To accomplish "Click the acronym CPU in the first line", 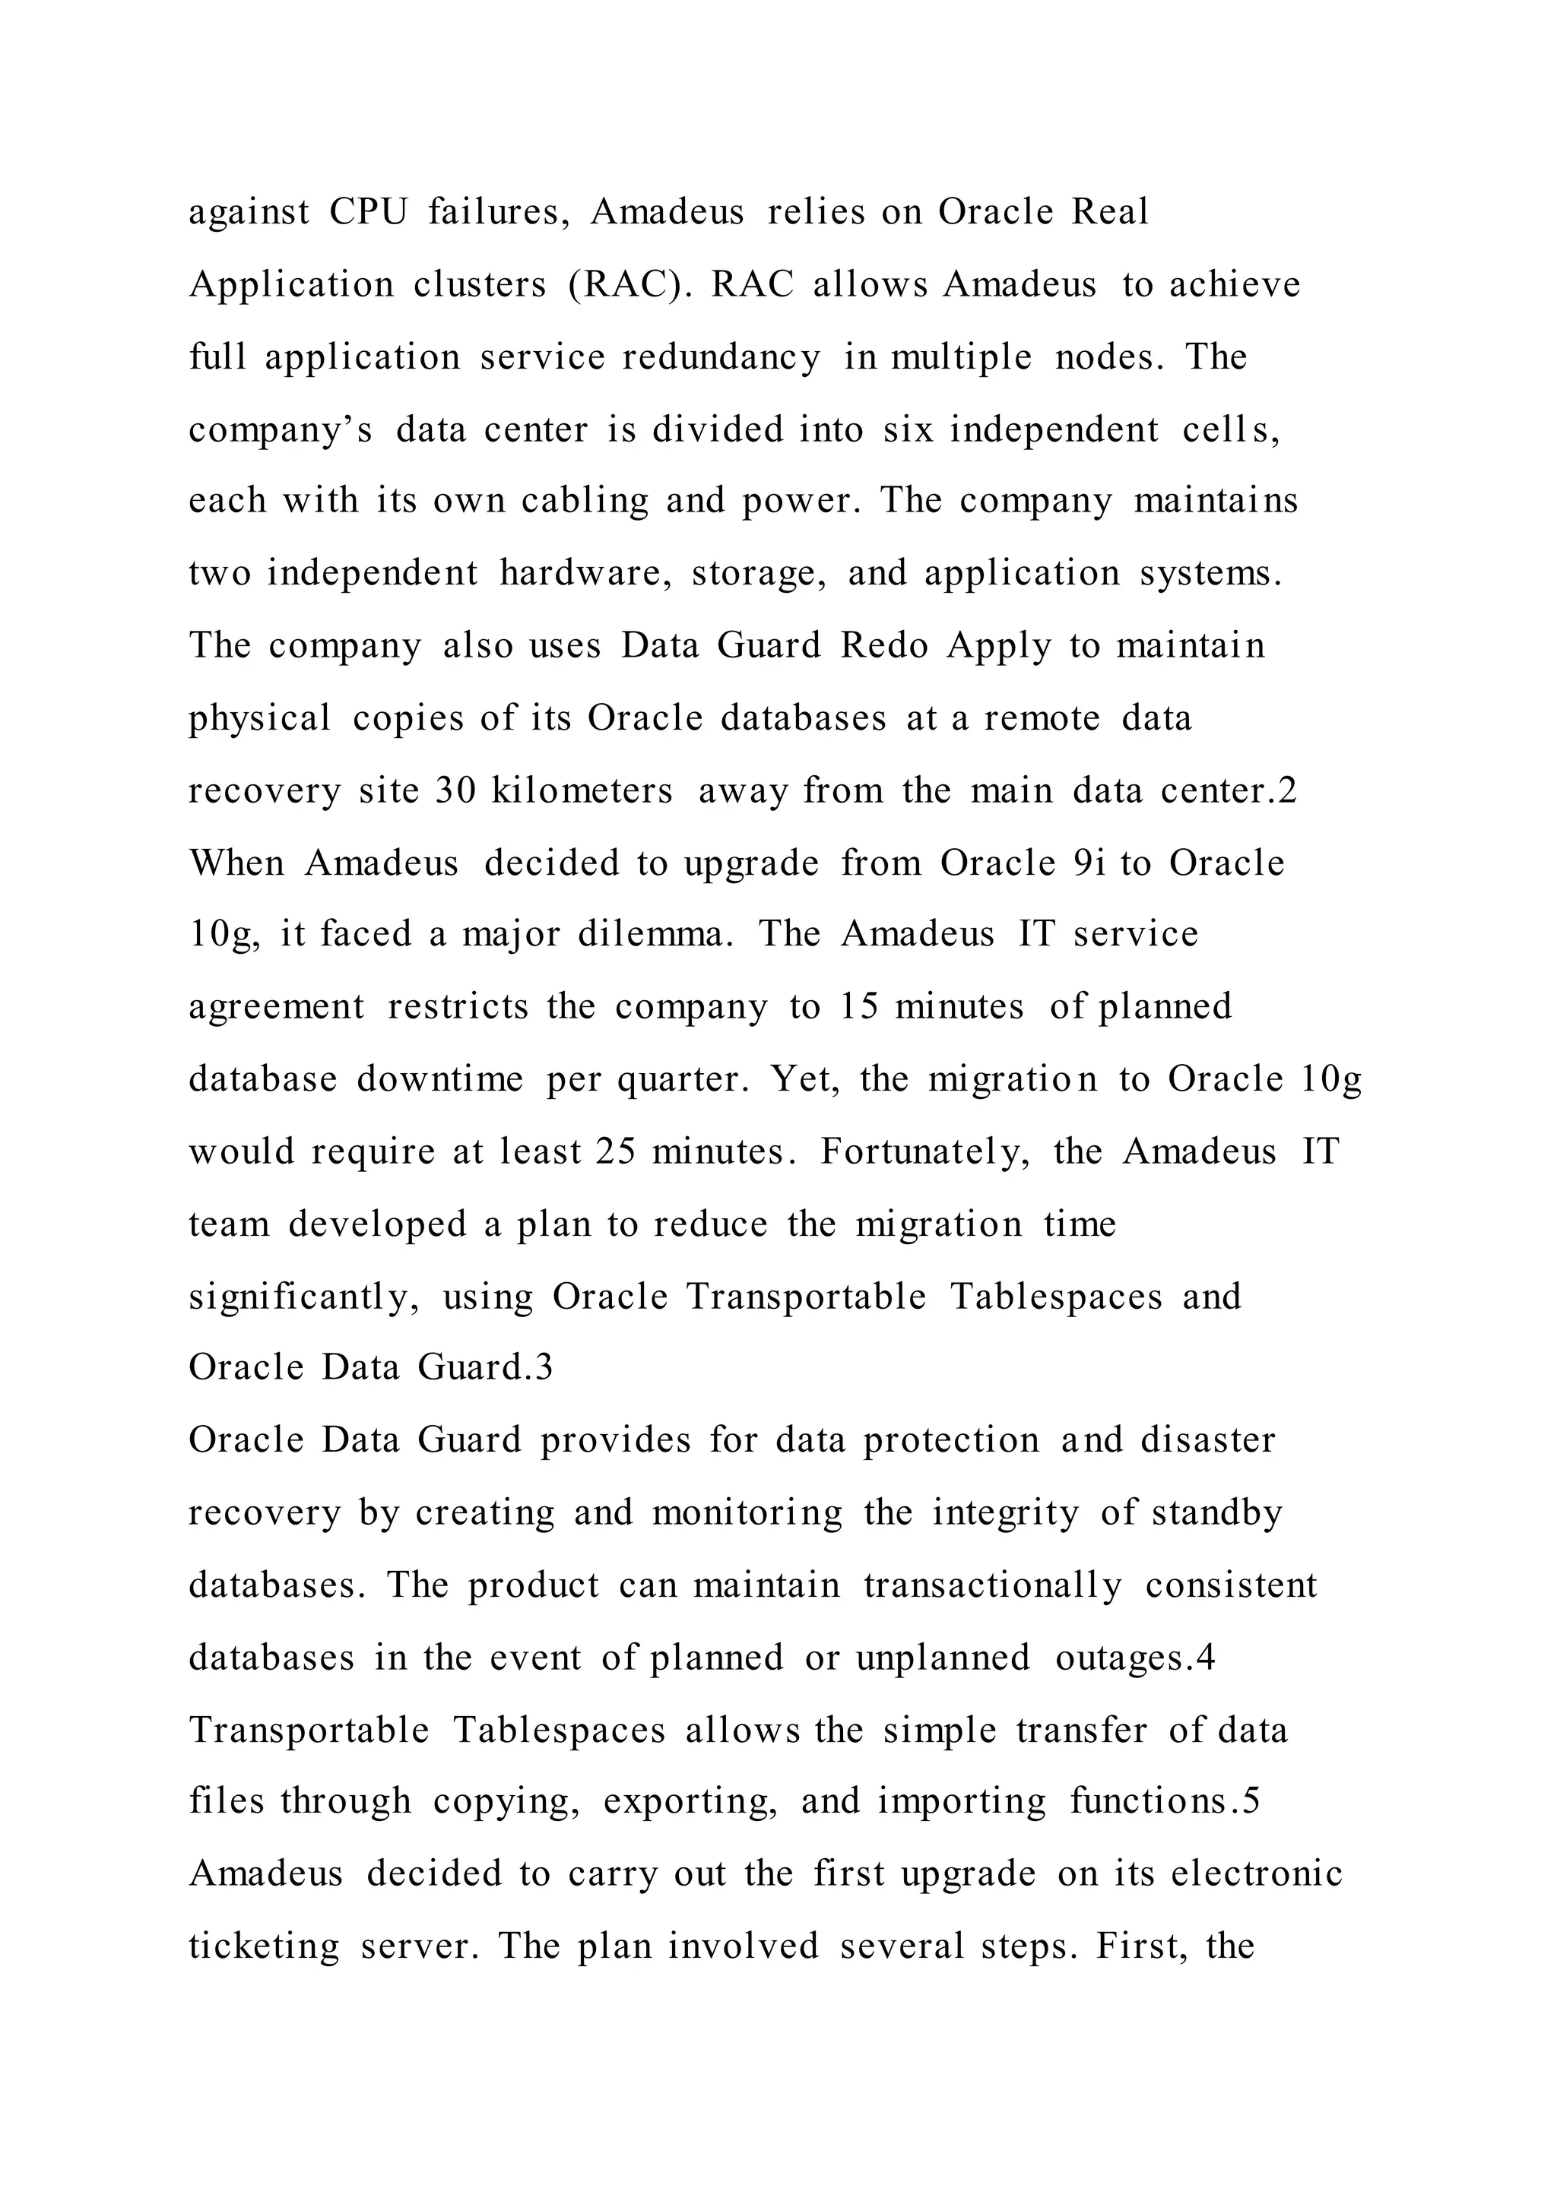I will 368,212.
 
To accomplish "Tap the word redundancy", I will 722,356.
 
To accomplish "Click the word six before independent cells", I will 908,429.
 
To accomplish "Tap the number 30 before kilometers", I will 455,791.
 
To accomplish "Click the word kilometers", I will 582,791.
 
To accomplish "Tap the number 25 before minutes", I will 616,1151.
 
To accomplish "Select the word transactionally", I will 992,1585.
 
